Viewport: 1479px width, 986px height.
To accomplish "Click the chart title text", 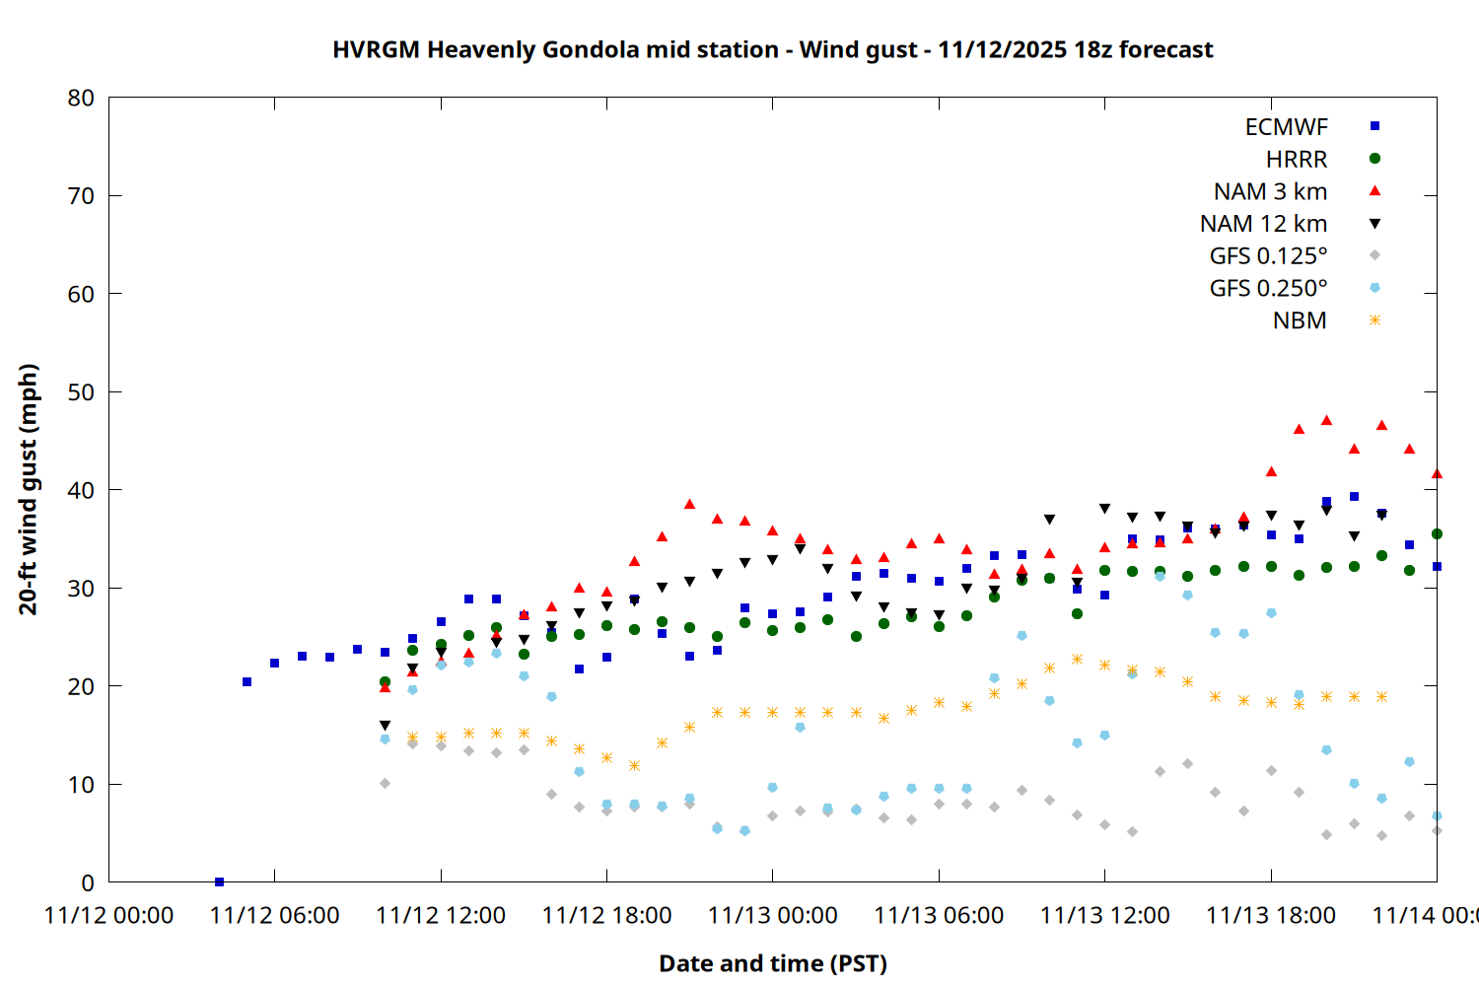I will (x=772, y=49).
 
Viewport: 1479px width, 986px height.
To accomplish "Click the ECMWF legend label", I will (x=1286, y=127).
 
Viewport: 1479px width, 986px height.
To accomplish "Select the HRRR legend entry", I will (x=1297, y=160).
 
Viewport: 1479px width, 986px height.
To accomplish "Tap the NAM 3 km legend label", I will (x=1270, y=191).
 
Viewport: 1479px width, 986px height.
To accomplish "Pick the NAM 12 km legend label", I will (x=1263, y=224).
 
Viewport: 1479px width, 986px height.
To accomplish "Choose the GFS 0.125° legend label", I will (x=1268, y=256).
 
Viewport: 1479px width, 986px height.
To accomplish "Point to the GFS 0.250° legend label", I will (x=1268, y=289).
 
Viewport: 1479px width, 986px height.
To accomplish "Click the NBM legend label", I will (x=1300, y=321).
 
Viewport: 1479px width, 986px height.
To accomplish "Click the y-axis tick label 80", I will (x=81, y=98).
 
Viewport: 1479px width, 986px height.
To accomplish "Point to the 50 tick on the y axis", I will (x=81, y=392).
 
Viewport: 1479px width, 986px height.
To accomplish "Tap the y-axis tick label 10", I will (x=81, y=785).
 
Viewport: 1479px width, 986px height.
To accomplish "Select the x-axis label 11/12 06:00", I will (x=274, y=916).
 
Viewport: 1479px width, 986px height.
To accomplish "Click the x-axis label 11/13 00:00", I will (x=772, y=916).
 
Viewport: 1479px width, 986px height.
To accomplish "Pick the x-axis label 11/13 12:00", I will (x=1104, y=916).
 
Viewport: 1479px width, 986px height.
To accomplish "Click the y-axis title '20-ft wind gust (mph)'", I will (x=29, y=489).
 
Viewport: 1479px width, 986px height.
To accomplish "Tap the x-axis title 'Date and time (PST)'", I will (x=772, y=963).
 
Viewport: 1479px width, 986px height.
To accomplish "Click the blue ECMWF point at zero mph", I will (x=219, y=881).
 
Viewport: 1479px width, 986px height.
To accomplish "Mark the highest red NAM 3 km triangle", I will (x=1326, y=420).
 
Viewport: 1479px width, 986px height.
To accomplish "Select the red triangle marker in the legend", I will (x=1374, y=190).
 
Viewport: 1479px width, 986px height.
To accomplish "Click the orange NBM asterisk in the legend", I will (x=1374, y=320).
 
